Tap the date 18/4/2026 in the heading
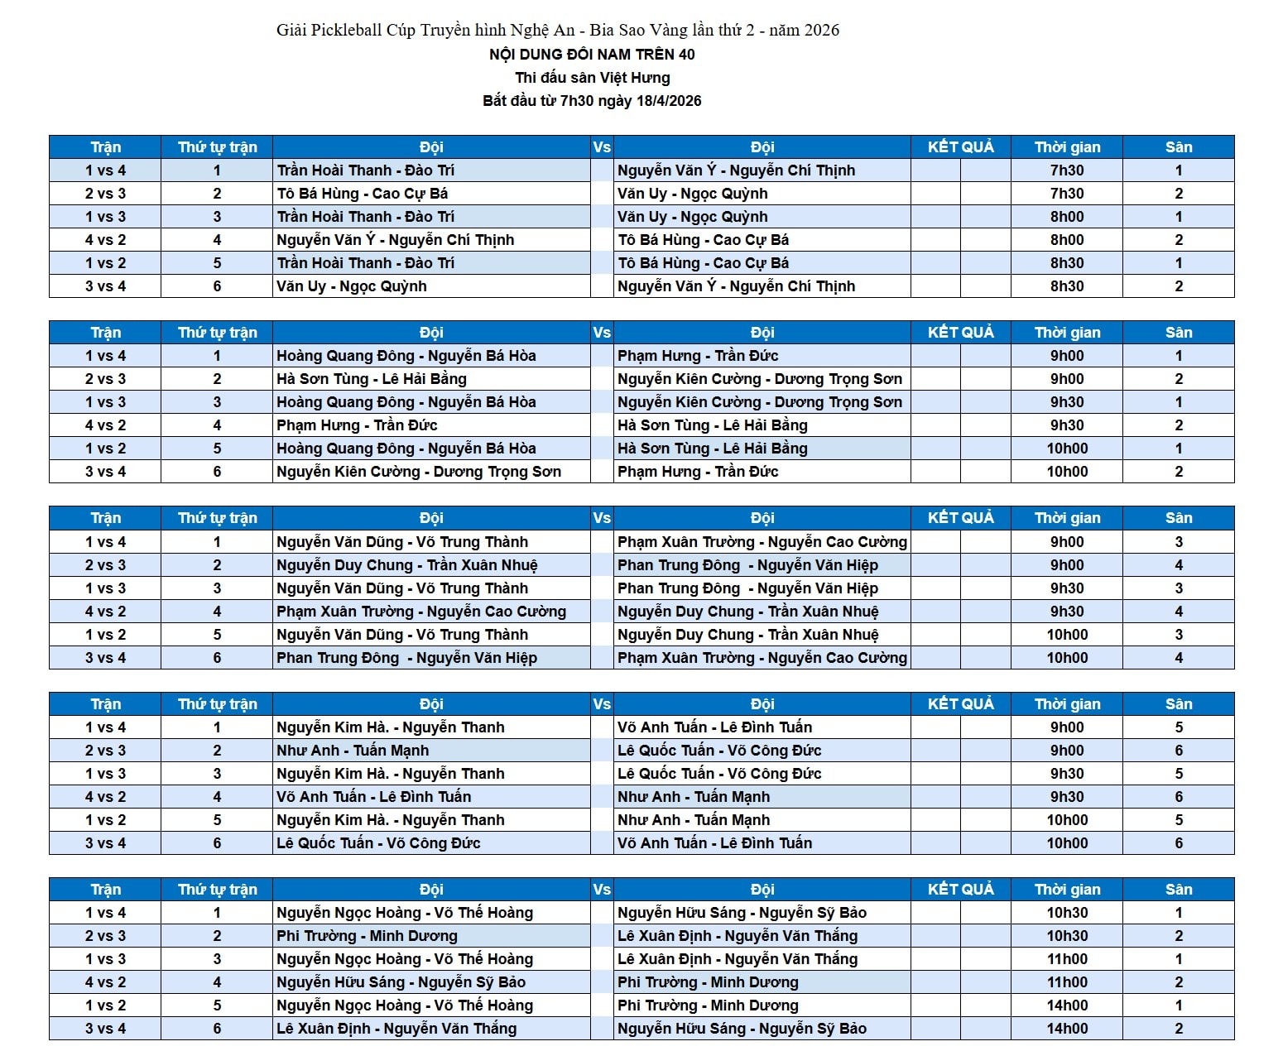(668, 101)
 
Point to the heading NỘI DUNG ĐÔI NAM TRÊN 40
(592, 55)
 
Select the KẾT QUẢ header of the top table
(960, 147)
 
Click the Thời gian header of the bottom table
(1067, 890)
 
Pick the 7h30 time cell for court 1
(1067, 170)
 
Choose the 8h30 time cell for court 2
(1067, 286)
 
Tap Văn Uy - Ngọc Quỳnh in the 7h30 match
(692, 194)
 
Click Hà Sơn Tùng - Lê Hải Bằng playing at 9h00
(372, 379)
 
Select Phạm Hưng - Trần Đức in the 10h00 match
(698, 472)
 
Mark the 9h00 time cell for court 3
(1067, 542)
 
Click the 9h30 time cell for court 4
(1067, 612)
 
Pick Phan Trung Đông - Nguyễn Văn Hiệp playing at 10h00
(406, 658)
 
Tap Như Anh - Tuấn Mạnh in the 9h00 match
(353, 751)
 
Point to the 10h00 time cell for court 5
(1067, 820)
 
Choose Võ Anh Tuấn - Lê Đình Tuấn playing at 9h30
(373, 797)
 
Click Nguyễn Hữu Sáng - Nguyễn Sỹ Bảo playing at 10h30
(742, 913)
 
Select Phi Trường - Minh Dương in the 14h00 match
(708, 1005)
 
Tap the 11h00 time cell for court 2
(1067, 982)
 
